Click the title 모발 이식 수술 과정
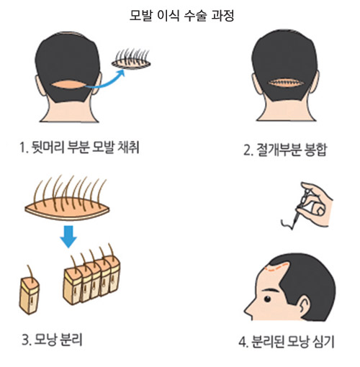point(179,14)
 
